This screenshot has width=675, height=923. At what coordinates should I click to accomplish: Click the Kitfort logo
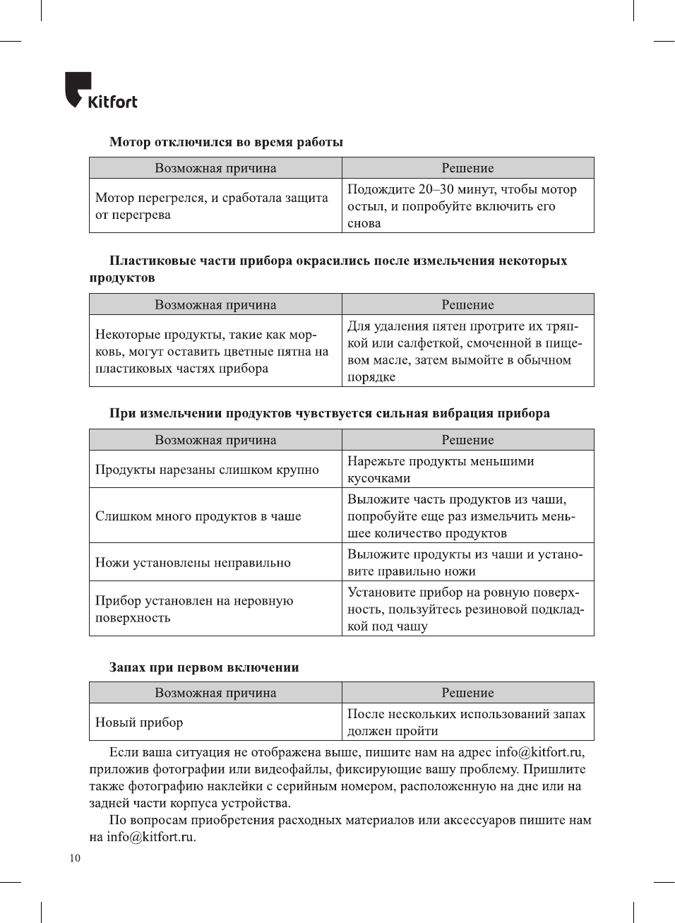click(101, 92)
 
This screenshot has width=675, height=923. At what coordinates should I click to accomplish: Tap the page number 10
click(75, 858)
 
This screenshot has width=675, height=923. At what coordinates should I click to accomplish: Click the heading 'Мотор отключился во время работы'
click(226, 142)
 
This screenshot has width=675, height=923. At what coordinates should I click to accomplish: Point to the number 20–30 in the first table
click(436, 189)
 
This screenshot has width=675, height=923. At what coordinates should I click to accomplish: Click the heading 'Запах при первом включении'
click(204, 667)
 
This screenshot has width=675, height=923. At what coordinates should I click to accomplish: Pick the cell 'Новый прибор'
click(139, 722)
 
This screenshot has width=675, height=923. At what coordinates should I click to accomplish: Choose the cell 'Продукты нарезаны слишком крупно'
click(207, 470)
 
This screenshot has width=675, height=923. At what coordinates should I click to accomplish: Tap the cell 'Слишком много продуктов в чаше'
click(198, 516)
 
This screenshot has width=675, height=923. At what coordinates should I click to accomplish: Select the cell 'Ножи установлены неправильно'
click(193, 563)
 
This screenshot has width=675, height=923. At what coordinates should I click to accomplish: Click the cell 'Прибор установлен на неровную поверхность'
click(194, 609)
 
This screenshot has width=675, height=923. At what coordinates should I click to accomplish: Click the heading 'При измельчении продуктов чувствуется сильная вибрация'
click(329, 413)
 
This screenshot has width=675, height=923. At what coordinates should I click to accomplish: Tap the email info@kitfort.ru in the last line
click(150, 837)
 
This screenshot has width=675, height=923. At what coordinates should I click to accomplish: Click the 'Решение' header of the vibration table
click(467, 440)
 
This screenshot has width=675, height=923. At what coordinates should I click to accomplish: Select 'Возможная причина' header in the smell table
click(215, 693)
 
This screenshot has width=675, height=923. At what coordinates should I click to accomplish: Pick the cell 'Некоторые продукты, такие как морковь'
click(212, 351)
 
